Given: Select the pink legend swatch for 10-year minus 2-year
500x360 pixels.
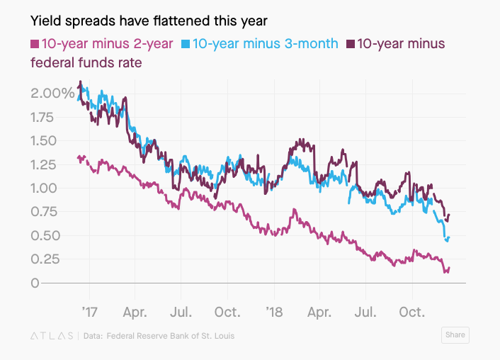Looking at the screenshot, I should tap(35, 44).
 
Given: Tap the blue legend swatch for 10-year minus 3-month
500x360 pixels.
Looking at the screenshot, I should tap(186, 44).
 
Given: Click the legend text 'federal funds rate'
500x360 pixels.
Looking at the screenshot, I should tap(86, 62).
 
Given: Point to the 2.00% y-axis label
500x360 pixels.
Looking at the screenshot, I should tap(53, 93).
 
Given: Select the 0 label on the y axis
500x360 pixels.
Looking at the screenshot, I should tap(35, 283).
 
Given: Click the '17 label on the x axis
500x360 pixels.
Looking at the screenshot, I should tap(89, 311).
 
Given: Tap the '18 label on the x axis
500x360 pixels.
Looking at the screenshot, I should tap(274, 311).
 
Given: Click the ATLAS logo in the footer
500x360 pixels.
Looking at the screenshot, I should tap(52, 336).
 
